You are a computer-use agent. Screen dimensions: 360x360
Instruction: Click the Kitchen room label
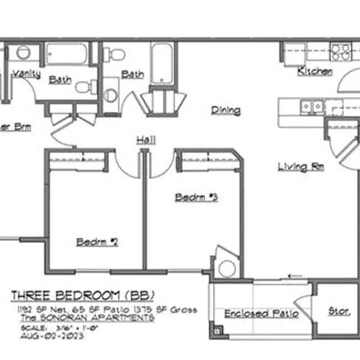[314, 71]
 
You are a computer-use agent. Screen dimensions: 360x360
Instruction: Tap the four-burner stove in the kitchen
[340, 52]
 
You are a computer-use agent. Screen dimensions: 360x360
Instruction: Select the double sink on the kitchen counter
[311, 105]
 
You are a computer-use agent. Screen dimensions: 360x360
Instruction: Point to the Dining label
[226, 111]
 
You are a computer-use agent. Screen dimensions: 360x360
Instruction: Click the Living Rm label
[301, 166]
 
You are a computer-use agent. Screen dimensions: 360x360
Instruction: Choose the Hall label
[146, 140]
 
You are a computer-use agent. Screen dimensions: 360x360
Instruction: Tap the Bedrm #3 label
[196, 197]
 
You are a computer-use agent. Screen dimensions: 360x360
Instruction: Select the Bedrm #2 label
[97, 242]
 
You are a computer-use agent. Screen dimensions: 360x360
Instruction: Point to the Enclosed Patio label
[261, 313]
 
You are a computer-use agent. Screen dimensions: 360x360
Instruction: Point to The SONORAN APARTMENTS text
[87, 318]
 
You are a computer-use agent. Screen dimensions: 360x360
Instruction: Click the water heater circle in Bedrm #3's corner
[227, 268]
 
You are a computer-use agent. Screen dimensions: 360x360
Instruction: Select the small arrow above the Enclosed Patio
[292, 276]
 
